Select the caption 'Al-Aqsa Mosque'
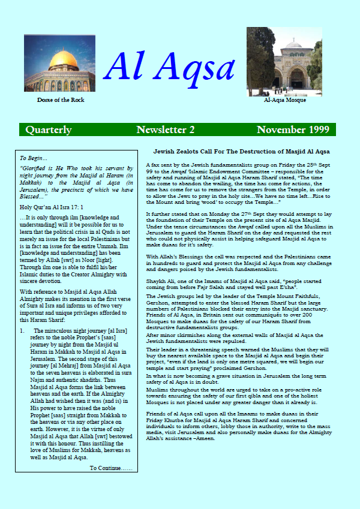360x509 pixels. click(x=284, y=100)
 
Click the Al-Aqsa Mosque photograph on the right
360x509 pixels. click(x=284, y=61)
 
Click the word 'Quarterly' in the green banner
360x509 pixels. click(x=49, y=130)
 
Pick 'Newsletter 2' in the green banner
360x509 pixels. click(x=165, y=130)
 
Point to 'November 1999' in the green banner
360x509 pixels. click(x=294, y=130)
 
